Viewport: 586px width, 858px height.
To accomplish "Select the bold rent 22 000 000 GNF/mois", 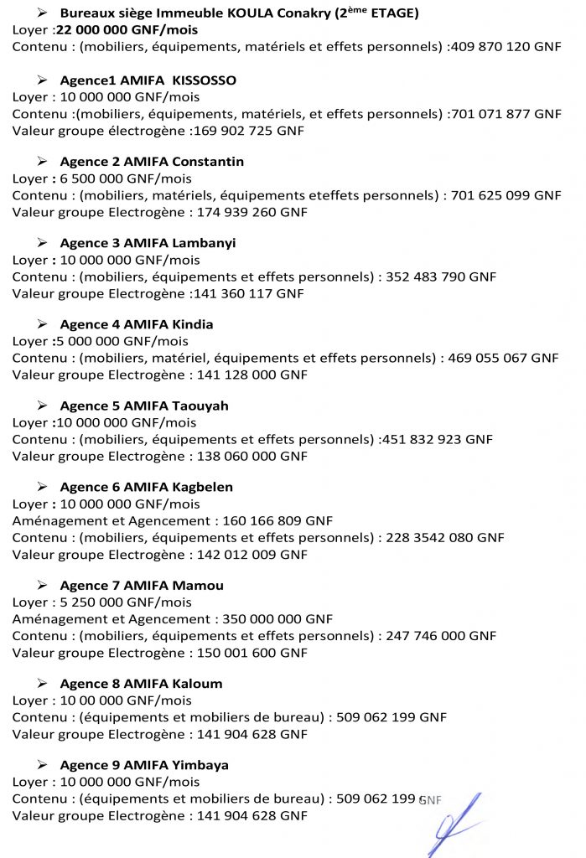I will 126,29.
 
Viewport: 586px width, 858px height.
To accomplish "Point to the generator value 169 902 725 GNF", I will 249,131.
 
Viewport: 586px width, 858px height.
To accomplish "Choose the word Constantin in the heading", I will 208,162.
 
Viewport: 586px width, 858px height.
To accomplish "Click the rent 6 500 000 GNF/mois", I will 125,178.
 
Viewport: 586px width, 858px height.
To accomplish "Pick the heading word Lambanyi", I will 204,243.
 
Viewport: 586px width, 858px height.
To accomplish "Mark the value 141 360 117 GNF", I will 249,293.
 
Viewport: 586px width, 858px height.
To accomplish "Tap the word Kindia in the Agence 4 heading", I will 193,324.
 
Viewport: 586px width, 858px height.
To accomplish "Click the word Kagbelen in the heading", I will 202,487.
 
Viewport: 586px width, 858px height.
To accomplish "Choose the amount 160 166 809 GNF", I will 277,520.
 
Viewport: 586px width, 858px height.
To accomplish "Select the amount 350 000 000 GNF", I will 277,619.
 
